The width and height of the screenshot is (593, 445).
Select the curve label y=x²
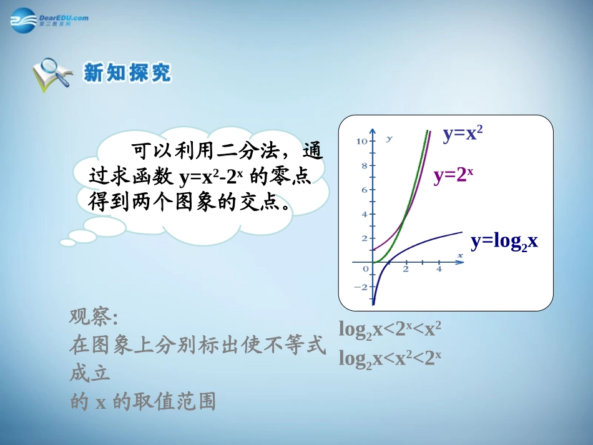coord(463,134)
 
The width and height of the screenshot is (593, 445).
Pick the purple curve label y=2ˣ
coord(453,175)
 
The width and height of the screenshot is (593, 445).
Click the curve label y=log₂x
coord(504,242)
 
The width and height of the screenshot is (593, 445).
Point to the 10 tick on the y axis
coord(361,142)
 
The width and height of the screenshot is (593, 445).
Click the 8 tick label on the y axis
coord(364,166)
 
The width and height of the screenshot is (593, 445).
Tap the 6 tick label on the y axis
coord(364,190)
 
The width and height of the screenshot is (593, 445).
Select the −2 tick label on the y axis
coord(361,287)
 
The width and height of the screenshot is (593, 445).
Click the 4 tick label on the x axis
coord(438,269)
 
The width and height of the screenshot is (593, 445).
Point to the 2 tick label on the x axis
coord(406,269)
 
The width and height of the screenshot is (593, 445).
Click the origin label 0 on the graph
coord(366,269)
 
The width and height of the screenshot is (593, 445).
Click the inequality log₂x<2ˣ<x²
coord(390,328)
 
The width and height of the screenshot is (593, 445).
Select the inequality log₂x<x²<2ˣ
coord(390,358)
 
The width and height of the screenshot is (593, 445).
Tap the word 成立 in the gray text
coord(90,373)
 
